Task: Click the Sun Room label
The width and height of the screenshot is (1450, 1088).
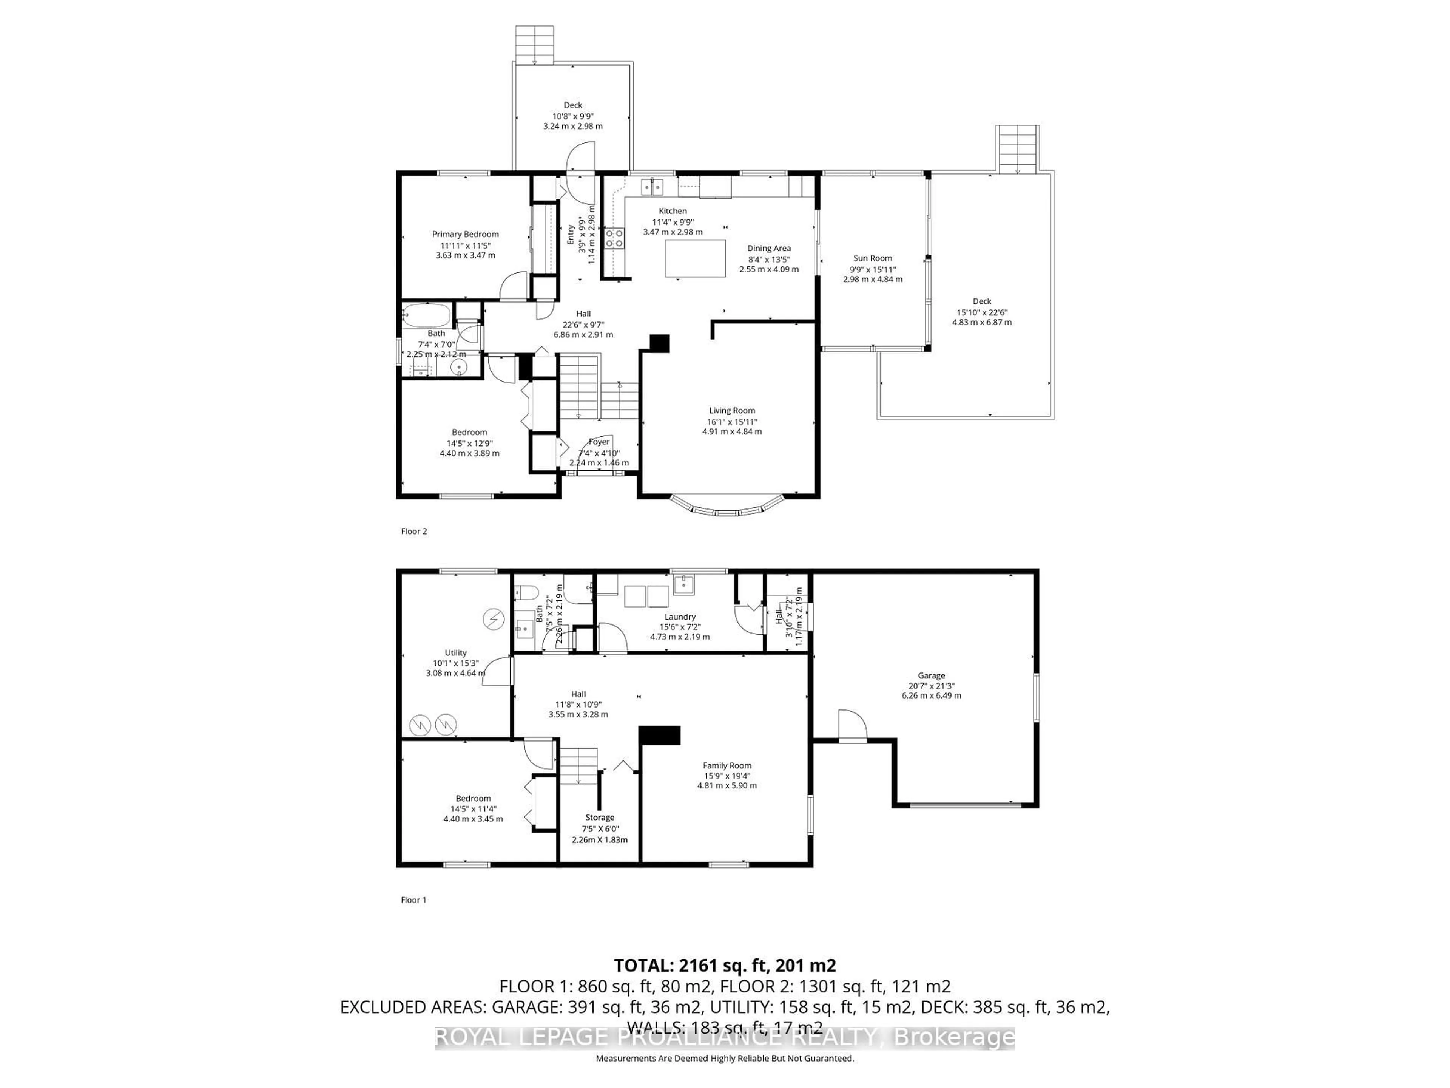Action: click(873, 258)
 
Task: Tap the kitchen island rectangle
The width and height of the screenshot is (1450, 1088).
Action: click(695, 258)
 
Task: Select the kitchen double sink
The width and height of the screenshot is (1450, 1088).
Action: click(652, 187)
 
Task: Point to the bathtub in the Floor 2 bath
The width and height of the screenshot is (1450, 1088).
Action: click(426, 316)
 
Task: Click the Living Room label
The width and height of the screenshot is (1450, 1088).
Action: click(731, 411)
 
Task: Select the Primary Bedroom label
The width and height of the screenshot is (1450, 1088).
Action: click(465, 234)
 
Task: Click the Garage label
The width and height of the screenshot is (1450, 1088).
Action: click(931, 675)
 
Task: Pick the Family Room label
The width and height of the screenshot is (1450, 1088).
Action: click(727, 765)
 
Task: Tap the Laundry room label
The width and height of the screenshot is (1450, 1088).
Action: click(680, 617)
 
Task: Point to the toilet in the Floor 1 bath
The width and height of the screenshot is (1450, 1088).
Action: click(522, 593)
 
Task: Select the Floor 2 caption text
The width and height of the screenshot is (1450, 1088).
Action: click(413, 531)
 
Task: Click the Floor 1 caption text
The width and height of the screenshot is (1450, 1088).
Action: click(413, 900)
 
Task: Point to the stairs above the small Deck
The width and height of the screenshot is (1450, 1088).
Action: click(534, 45)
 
